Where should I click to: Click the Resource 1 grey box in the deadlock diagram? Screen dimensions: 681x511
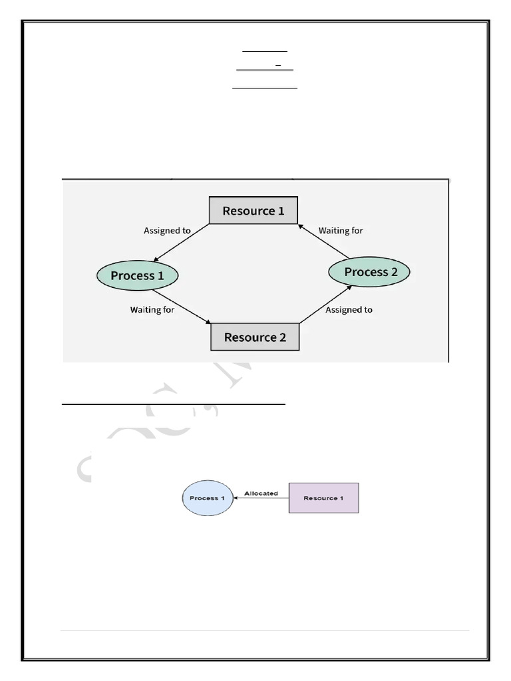click(253, 211)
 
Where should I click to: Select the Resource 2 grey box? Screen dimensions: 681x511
click(255, 337)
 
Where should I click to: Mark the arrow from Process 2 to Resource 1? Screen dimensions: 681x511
click(323, 241)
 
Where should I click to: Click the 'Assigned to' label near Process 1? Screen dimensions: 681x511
click(167, 231)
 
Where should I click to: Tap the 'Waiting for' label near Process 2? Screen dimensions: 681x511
click(341, 231)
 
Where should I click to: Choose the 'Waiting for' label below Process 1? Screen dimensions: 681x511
click(152, 309)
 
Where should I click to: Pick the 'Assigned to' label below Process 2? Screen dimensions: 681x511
click(349, 309)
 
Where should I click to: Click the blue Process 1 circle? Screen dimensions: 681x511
click(208, 498)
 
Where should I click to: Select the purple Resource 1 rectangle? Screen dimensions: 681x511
click(323, 498)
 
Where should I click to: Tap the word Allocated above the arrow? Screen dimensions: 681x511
click(261, 493)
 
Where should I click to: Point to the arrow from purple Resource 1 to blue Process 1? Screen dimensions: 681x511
click(261, 498)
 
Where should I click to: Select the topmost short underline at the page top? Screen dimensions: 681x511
click(264, 51)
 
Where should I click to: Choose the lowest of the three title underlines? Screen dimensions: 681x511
click(264, 88)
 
